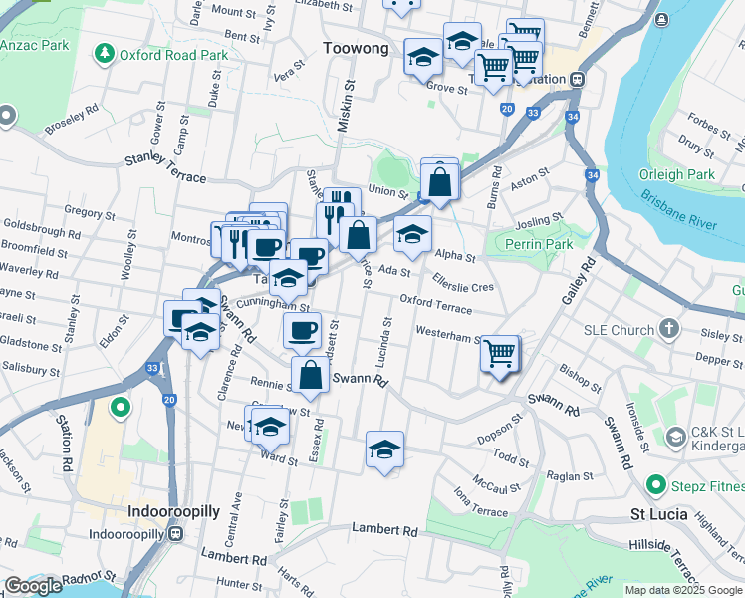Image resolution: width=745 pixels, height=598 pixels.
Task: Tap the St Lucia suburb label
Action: pyautogui.click(x=663, y=514)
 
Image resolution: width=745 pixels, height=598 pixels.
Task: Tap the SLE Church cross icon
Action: pyautogui.click(x=668, y=328)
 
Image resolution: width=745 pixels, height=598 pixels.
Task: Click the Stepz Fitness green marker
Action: pyautogui.click(x=655, y=485)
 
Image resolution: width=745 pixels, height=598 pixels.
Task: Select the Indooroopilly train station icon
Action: pyautogui.click(x=176, y=533)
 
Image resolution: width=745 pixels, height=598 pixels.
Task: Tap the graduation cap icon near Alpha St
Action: pyautogui.click(x=412, y=235)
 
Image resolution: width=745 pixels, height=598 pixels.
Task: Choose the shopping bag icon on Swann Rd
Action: pyautogui.click(x=310, y=375)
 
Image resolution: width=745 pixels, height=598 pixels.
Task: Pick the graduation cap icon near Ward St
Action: pyautogui.click(x=269, y=427)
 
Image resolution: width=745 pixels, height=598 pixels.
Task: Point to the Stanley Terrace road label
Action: pyautogui.click(x=165, y=168)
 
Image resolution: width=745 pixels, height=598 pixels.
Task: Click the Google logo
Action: pyautogui.click(x=33, y=586)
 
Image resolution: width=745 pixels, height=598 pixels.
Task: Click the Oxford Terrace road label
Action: pyautogui.click(x=436, y=304)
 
